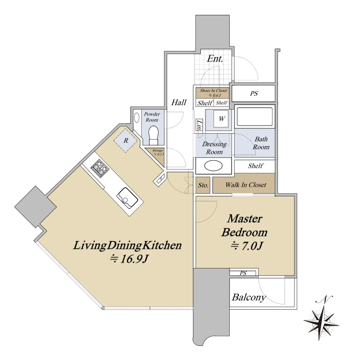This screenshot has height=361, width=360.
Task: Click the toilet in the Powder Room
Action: tap(153, 135)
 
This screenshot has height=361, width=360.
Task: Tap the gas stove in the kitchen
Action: tap(100, 168)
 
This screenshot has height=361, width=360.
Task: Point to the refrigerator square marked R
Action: tap(126, 141)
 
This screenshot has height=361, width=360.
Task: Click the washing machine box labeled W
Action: tap(221, 119)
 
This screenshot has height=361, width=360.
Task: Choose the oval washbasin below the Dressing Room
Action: tap(213, 165)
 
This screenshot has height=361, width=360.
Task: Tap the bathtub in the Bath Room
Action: tap(255, 116)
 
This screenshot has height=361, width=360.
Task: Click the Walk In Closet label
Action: tap(246, 185)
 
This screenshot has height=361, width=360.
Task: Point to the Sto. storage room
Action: tap(203, 185)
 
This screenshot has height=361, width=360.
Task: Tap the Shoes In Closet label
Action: tap(213, 91)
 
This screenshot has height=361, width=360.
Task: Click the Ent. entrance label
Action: tap(215, 59)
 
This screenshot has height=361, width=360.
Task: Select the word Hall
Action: tap(179, 102)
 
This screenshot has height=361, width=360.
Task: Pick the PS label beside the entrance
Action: tap(254, 94)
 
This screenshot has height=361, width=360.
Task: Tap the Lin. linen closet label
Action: tap(199, 125)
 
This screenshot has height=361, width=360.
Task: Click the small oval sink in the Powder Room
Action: tap(137, 118)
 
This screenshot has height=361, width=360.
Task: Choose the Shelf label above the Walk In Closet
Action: tap(255, 166)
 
